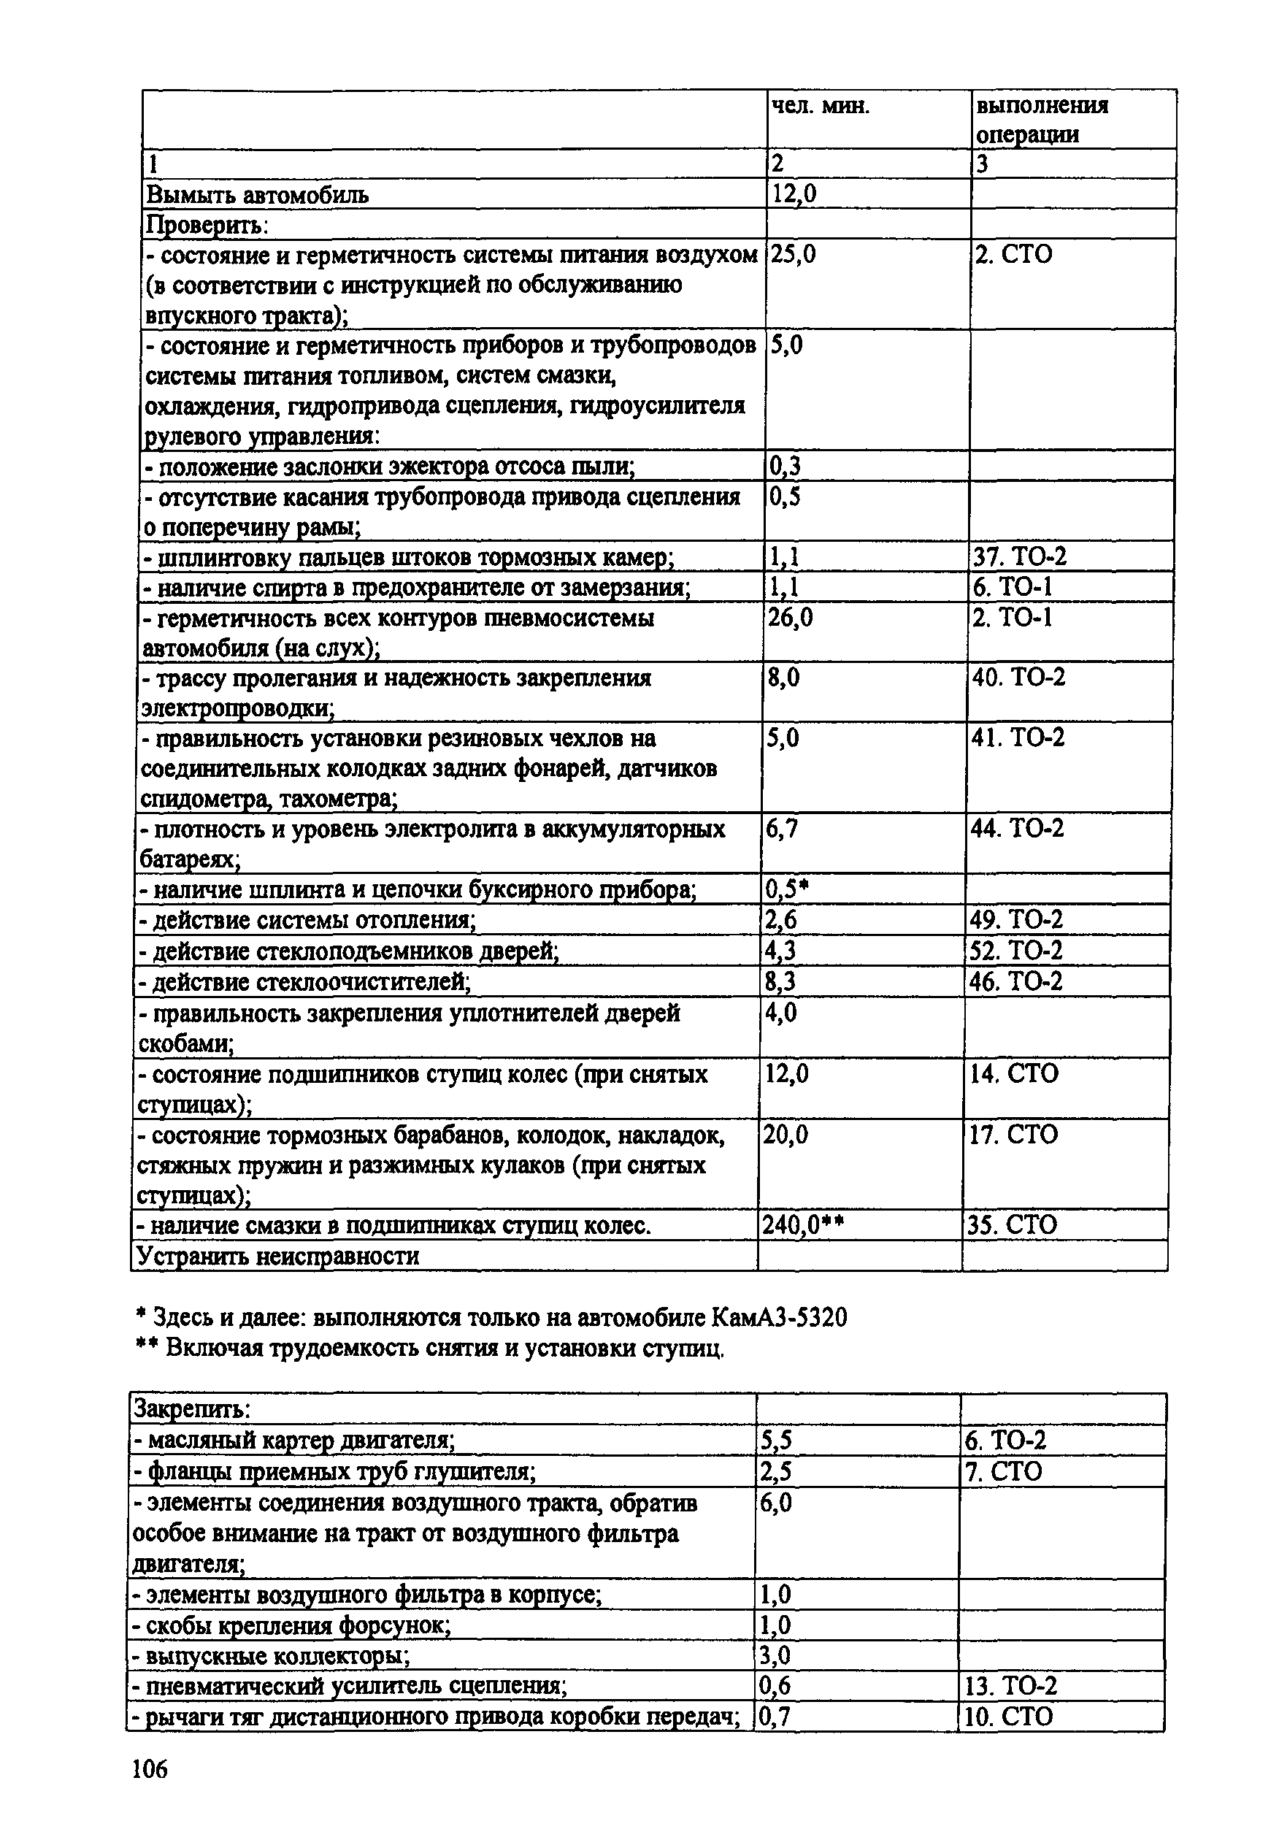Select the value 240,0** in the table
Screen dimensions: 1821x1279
point(802,1225)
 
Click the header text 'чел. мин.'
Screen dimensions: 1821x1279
point(820,107)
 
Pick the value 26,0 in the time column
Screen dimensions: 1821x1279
point(790,617)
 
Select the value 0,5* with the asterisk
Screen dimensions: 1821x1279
point(786,890)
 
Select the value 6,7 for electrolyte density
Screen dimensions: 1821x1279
point(781,829)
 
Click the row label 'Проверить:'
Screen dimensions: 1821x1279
point(207,225)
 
